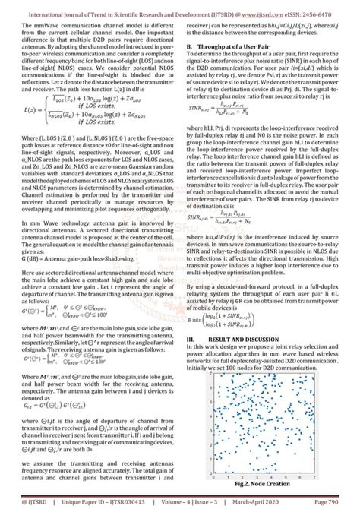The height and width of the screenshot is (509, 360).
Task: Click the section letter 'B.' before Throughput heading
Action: tap(190, 47)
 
